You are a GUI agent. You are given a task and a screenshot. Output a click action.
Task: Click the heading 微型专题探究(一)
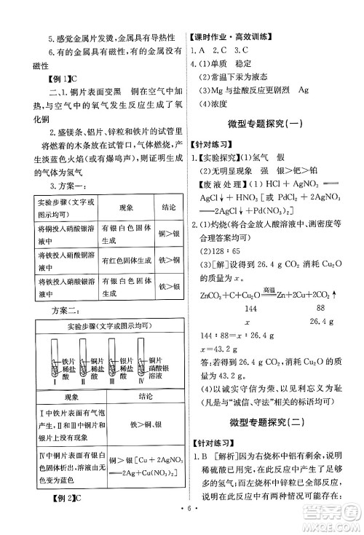[x=269, y=120]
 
